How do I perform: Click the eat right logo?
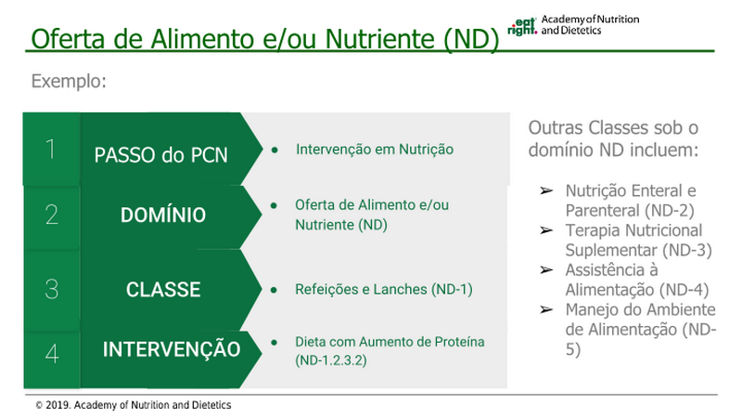click(522, 27)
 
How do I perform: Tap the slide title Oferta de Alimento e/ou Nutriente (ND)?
click(265, 38)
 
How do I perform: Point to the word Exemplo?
click(69, 81)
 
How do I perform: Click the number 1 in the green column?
click(51, 149)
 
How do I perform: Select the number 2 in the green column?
click(52, 215)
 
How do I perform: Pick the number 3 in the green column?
click(52, 289)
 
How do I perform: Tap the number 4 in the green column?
click(52, 354)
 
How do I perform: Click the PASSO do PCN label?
click(160, 155)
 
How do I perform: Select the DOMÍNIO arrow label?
click(163, 216)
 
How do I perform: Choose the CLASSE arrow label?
click(163, 290)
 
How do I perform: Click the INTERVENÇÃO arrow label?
click(172, 349)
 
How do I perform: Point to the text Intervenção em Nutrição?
click(375, 150)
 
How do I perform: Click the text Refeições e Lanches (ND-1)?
click(384, 289)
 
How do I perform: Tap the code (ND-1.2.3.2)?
click(331, 360)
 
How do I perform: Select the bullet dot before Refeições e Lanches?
click(274, 290)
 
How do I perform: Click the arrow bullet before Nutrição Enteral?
click(546, 190)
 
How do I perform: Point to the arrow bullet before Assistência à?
click(546, 269)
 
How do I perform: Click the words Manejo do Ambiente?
click(640, 309)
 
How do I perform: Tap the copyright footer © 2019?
click(134, 405)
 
